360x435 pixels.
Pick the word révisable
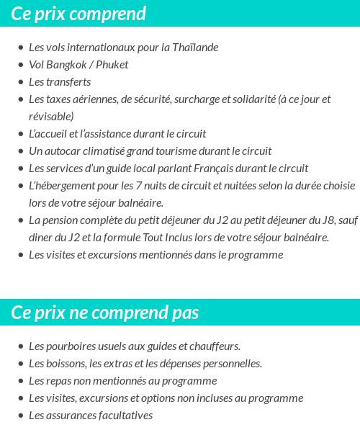click(x=50, y=116)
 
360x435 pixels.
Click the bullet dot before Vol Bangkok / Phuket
click(x=21, y=66)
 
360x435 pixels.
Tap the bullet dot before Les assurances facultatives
click(x=21, y=416)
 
